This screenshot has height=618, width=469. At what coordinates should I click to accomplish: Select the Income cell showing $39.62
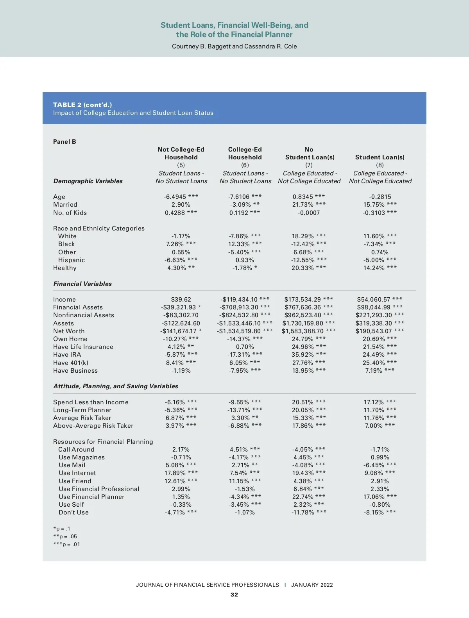coord(181,300)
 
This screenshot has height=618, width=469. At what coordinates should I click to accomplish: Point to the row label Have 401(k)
coord(71,363)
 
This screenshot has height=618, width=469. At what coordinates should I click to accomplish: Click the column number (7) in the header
coord(309,165)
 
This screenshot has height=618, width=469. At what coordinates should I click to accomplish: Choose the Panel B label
coord(64,142)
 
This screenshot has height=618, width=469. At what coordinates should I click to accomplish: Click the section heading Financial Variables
coord(82,284)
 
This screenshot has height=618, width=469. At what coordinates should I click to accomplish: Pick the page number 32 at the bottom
coord(234,595)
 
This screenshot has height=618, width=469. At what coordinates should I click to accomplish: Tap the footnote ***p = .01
coord(66,545)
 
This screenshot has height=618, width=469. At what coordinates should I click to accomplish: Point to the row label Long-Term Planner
coord(82,410)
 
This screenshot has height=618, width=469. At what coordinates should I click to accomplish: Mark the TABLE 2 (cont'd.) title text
coord(82,105)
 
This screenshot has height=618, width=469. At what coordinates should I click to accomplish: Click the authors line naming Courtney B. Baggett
coord(234,46)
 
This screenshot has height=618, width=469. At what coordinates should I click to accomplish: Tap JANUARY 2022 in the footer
coord(312,585)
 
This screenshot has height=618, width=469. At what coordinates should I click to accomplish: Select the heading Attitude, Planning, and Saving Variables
coord(116,386)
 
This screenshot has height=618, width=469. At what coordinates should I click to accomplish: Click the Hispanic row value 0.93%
coord(245,260)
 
